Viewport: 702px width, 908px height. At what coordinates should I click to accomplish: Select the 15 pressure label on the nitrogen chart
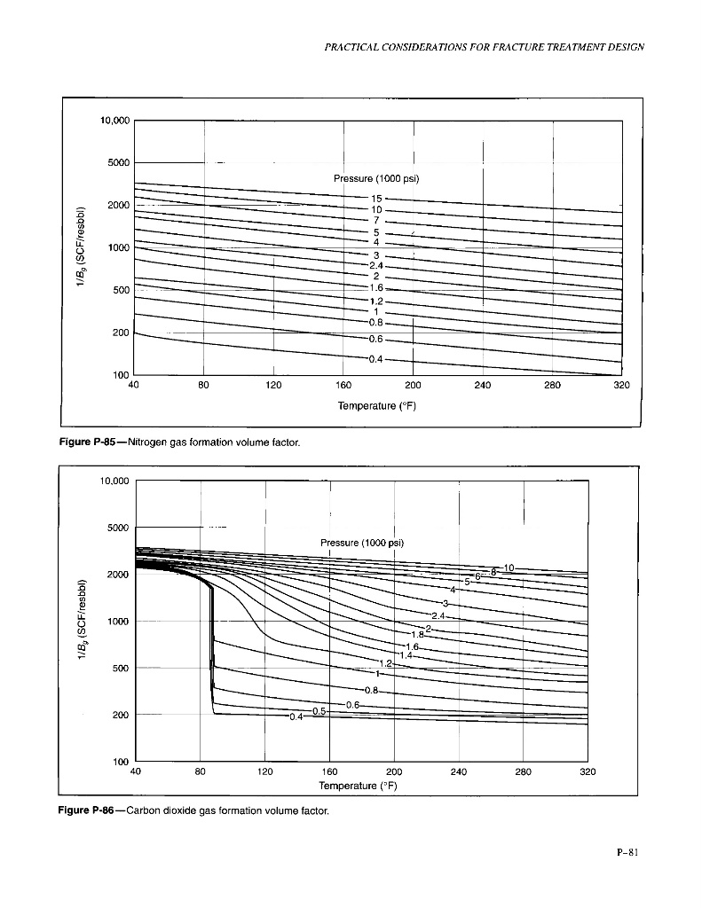point(376,199)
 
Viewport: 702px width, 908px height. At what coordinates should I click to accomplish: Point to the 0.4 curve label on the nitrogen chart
point(376,358)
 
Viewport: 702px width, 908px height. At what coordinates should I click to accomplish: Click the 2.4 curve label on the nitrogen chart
point(376,264)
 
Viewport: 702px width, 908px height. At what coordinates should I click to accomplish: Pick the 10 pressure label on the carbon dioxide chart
point(509,567)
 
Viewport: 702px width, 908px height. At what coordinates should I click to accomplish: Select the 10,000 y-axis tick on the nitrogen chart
point(114,120)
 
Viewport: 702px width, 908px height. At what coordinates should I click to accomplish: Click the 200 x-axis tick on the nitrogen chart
point(413,386)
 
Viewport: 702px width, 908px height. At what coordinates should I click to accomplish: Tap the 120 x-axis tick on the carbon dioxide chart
point(264,771)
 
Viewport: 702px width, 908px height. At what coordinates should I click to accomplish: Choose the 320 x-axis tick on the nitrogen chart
point(621,386)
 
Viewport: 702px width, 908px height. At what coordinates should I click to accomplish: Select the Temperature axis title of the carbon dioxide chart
point(359,785)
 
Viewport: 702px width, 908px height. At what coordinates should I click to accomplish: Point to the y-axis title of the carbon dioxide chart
point(82,621)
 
